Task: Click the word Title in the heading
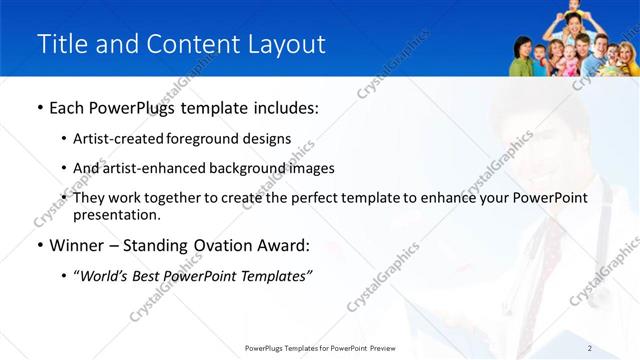click(59, 45)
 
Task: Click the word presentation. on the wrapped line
click(116, 214)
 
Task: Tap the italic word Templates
click(276, 276)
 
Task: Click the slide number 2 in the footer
click(590, 348)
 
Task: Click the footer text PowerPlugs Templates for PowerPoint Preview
click(320, 348)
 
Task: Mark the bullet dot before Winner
click(39, 245)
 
